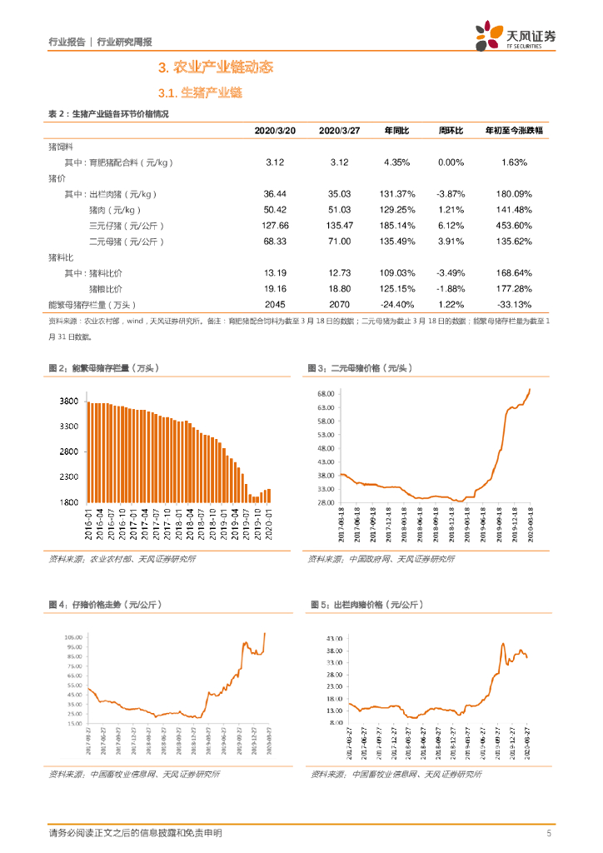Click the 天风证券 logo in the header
[516, 37]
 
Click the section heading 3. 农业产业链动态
[215, 67]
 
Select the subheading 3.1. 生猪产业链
[200, 93]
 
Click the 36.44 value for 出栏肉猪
[275, 193]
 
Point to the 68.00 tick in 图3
[325, 394]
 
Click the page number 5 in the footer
[549, 833]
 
